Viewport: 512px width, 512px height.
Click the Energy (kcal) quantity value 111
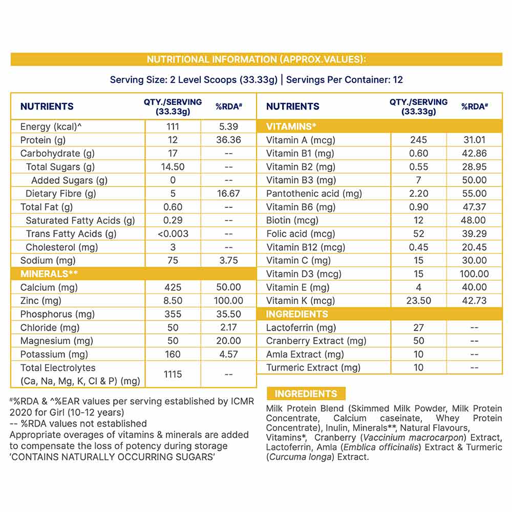point(173,126)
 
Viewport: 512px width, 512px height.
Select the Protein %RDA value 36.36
point(228,140)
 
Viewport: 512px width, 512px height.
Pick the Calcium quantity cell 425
point(173,287)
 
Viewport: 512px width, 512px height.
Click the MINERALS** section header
point(49,273)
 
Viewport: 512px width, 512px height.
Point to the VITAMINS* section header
point(291,126)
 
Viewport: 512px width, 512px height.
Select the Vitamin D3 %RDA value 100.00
point(474,274)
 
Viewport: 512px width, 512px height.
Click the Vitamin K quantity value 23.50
point(418,301)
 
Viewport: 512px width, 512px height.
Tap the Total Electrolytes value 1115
point(173,374)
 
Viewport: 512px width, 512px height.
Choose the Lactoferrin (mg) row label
point(301,328)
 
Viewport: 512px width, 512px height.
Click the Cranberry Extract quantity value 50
point(418,341)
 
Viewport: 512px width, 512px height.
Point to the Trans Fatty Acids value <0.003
point(173,233)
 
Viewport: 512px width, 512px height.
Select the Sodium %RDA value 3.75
point(228,260)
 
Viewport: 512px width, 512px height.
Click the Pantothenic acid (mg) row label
point(314,194)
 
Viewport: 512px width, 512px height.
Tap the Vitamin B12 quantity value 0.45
point(418,247)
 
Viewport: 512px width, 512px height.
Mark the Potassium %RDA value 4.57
point(228,354)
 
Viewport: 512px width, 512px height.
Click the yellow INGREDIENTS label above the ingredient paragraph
point(306,394)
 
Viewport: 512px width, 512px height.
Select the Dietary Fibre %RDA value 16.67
point(228,194)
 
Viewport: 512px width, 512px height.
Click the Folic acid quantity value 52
point(418,233)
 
